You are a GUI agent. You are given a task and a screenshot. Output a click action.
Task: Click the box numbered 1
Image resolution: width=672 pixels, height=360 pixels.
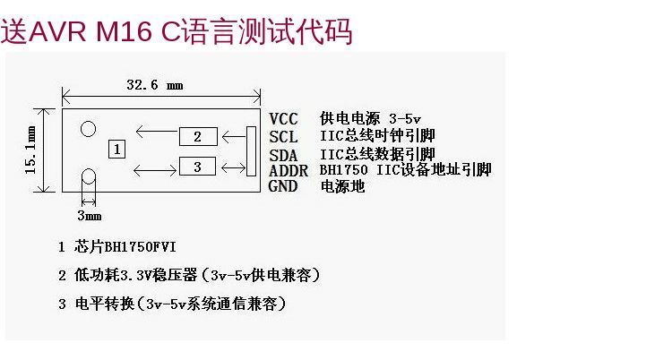(x=116, y=150)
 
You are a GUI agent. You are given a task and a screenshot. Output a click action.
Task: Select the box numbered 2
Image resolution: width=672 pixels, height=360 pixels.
(x=198, y=137)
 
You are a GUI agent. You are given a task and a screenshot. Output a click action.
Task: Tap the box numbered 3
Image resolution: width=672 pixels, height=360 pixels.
(x=197, y=167)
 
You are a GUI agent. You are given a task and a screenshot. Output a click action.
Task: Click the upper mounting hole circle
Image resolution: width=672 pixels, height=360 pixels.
(x=89, y=129)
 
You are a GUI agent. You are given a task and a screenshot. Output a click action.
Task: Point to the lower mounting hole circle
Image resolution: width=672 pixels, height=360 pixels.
(x=89, y=176)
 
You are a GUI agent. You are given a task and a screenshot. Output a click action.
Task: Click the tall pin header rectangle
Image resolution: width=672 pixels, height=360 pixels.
(x=251, y=151)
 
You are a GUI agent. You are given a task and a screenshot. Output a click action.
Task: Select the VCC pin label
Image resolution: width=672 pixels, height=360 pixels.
(x=283, y=119)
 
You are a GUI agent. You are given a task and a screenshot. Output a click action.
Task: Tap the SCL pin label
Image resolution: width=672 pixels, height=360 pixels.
(x=283, y=137)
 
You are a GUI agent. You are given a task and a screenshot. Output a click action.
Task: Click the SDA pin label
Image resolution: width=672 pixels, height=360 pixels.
(x=283, y=155)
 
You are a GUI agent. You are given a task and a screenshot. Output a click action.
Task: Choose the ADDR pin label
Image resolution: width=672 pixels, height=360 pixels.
(x=289, y=170)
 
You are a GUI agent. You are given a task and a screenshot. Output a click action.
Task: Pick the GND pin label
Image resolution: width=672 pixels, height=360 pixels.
(x=283, y=186)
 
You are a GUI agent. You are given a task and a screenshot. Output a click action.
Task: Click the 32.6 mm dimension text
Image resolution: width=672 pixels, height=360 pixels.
(x=155, y=84)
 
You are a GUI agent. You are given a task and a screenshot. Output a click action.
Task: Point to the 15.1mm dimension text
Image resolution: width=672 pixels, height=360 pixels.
(x=30, y=150)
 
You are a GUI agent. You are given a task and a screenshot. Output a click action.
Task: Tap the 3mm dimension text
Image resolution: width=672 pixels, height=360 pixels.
(x=90, y=215)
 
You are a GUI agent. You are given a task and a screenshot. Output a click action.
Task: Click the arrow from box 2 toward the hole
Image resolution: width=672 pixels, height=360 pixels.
(x=157, y=131)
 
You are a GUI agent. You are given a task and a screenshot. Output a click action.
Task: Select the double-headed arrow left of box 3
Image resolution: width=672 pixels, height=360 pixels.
(x=155, y=170)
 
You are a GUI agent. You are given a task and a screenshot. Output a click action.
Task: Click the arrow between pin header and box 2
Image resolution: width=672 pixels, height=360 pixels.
(x=234, y=137)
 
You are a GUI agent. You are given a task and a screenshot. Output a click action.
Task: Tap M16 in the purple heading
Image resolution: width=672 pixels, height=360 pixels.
(x=124, y=31)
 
